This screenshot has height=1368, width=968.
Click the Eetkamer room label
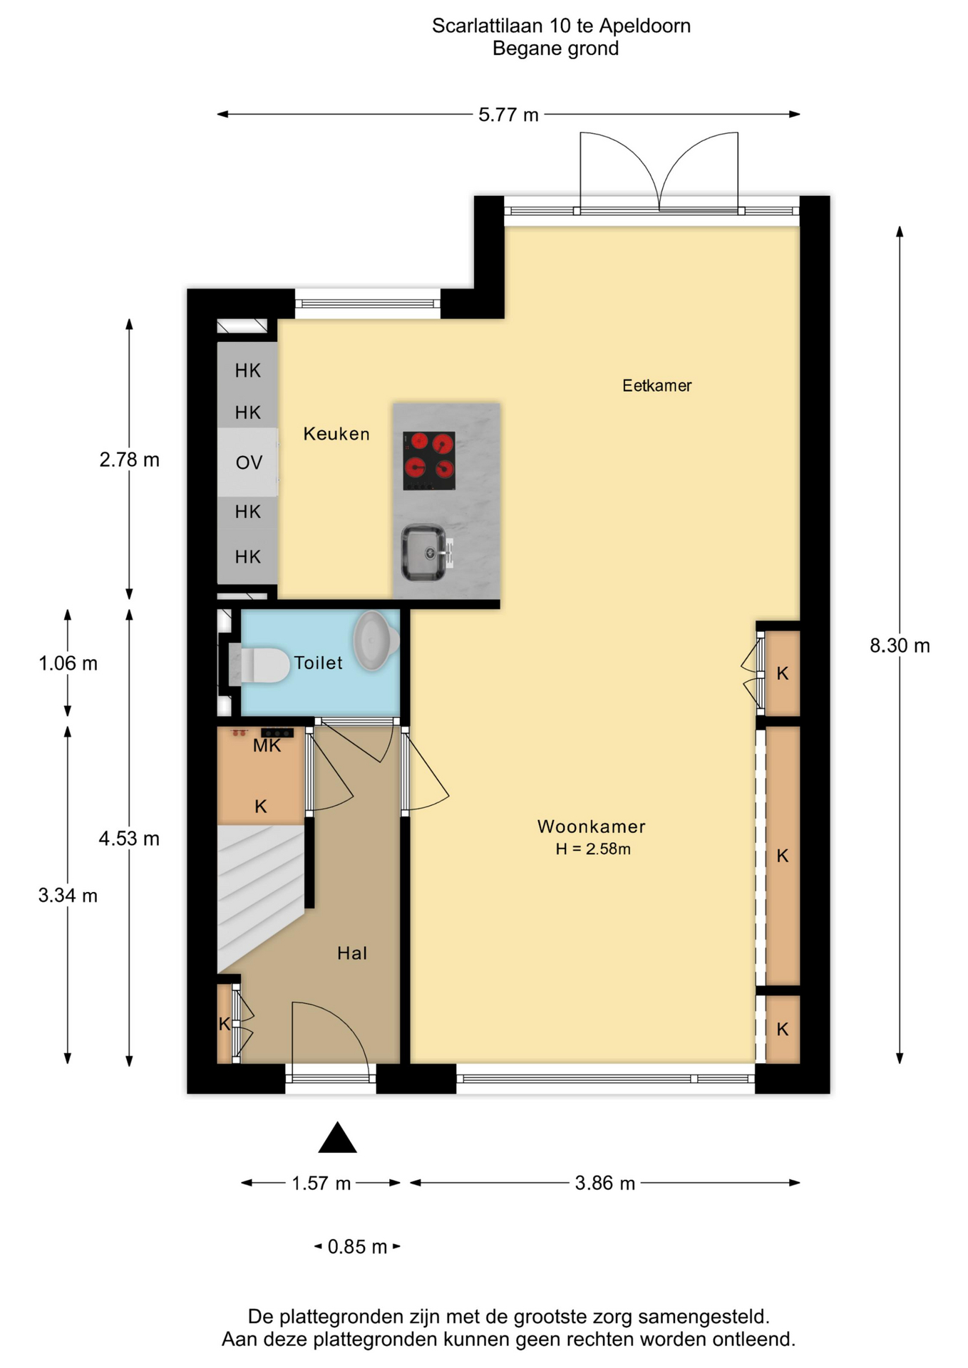click(x=657, y=385)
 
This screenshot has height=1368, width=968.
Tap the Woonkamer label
click(x=591, y=826)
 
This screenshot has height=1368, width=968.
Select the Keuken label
click(x=336, y=434)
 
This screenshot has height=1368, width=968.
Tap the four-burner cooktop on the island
click(x=429, y=460)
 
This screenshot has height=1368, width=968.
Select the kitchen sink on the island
click(x=426, y=553)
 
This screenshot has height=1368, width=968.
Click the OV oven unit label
click(x=249, y=462)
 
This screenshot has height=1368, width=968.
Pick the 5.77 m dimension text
click(x=508, y=115)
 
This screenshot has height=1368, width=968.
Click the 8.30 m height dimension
click(x=900, y=646)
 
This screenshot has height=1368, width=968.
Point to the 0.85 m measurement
click(x=357, y=1247)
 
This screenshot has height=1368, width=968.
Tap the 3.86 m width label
click(x=604, y=1183)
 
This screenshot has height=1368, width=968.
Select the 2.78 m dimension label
click(x=129, y=460)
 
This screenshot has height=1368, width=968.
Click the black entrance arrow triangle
click(x=337, y=1137)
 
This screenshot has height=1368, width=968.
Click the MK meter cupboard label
click(x=267, y=746)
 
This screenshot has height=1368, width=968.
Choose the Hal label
click(x=352, y=953)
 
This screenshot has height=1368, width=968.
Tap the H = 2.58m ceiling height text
click(x=593, y=849)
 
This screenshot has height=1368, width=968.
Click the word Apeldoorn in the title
click(x=644, y=26)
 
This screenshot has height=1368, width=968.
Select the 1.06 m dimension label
click(x=68, y=663)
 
